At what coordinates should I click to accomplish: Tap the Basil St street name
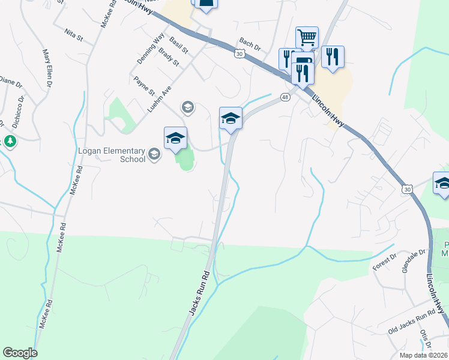point(178,44)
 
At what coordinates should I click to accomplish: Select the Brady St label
point(169,57)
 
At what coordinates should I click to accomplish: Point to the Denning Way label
point(150,49)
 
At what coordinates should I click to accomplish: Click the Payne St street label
point(144,86)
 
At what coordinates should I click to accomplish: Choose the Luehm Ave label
point(159,98)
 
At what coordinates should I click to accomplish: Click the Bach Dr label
point(250,45)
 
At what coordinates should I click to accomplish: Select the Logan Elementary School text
point(112,155)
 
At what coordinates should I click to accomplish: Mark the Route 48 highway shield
point(285,97)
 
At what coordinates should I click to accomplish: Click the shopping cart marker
point(307,38)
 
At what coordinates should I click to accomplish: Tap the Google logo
point(20,353)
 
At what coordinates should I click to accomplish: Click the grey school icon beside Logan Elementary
point(154,155)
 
